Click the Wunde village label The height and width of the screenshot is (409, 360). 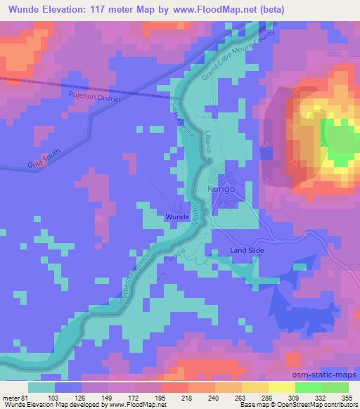coord(177,218)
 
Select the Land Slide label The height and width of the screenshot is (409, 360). coord(246,251)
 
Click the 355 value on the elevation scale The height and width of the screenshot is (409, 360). coord(346,398)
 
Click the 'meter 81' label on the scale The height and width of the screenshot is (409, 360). coord(14,398)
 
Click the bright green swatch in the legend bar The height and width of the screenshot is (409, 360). coord(314,387)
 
